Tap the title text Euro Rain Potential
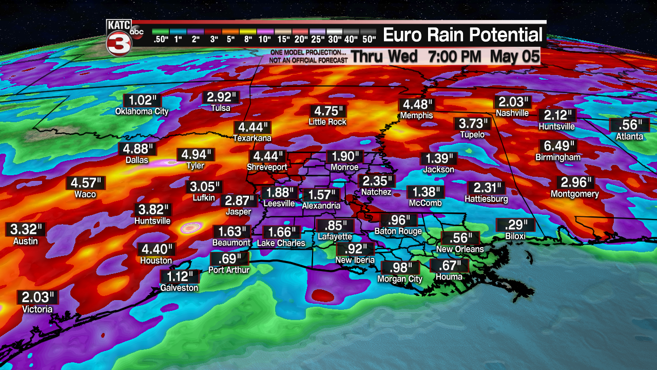(462, 35)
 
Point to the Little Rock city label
(327, 122)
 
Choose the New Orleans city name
(460, 249)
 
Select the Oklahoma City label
(142, 111)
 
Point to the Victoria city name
(37, 309)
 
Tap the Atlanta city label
(630, 136)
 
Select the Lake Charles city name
(281, 243)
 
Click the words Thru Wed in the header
(384, 57)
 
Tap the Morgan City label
(400, 279)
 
